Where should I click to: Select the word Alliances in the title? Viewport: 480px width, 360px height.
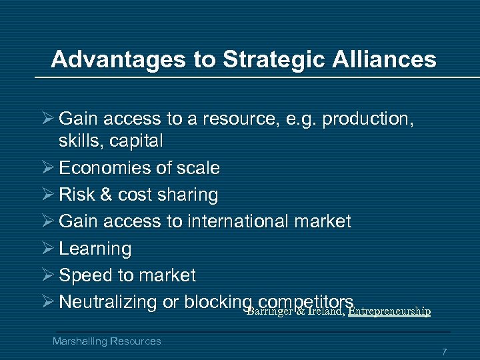tap(376, 59)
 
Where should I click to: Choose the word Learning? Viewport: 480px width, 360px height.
tap(95, 249)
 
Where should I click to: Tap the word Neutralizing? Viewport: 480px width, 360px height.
tap(107, 302)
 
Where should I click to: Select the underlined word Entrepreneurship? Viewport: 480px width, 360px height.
tap(389, 311)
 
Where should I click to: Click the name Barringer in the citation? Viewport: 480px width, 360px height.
tap(269, 311)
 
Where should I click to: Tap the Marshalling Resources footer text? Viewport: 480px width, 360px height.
tap(107, 341)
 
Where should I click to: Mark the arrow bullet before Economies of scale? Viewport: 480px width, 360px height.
tap(47, 167)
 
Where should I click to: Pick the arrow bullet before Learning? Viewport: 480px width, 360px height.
tap(47, 249)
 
